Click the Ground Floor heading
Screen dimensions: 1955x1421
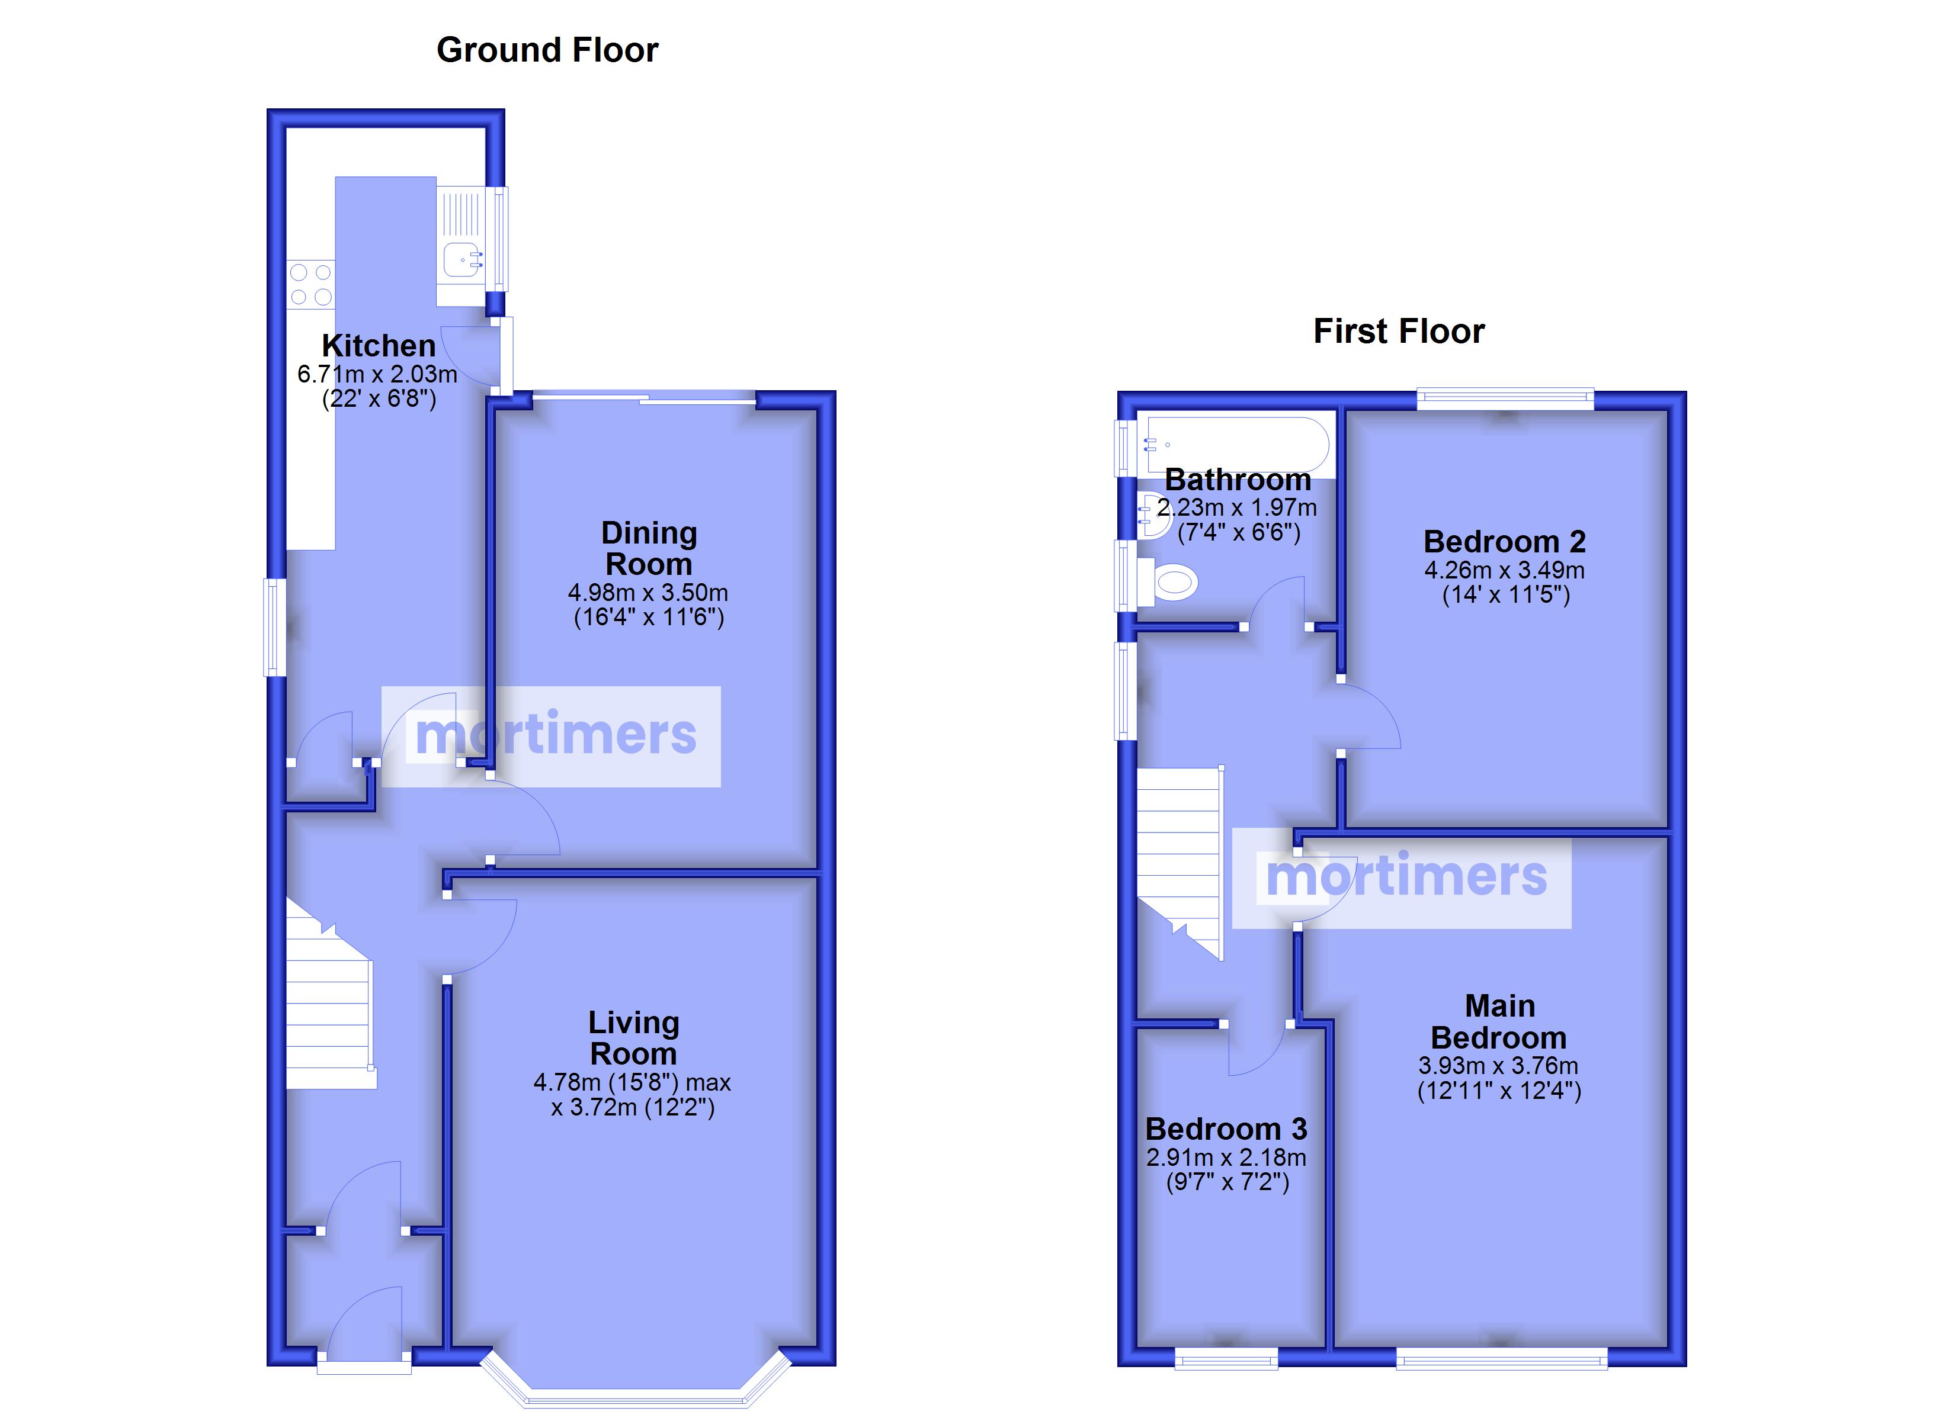tap(547, 50)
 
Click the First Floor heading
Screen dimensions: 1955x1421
tap(1399, 331)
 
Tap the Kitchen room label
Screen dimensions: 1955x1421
tap(379, 346)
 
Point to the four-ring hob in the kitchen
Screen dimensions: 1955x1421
tap(311, 284)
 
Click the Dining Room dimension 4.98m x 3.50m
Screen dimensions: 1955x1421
tap(648, 593)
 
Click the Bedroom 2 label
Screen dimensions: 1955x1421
tap(1504, 542)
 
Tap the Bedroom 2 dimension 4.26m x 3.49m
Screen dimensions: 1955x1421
tap(1504, 570)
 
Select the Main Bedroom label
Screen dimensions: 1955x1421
tap(1500, 1022)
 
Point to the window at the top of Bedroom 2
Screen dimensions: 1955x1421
tap(1506, 398)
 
